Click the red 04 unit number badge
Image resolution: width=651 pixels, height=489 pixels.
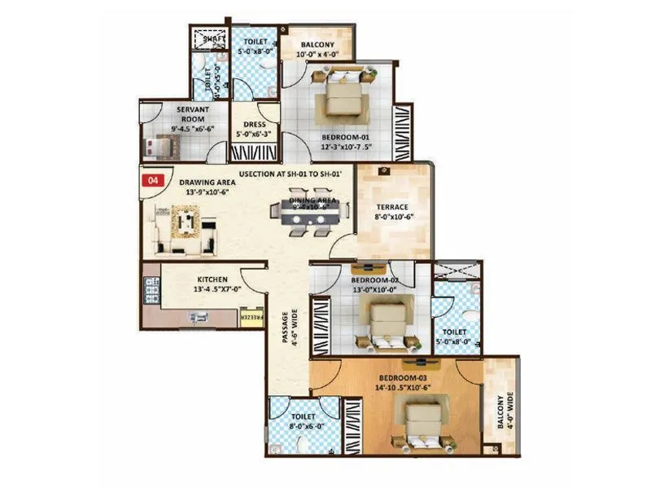click(151, 182)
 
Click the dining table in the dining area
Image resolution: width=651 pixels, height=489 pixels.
click(310, 211)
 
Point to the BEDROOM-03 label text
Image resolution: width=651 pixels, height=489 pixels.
click(402, 378)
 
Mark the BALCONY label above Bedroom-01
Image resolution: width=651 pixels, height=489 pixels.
click(316, 46)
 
